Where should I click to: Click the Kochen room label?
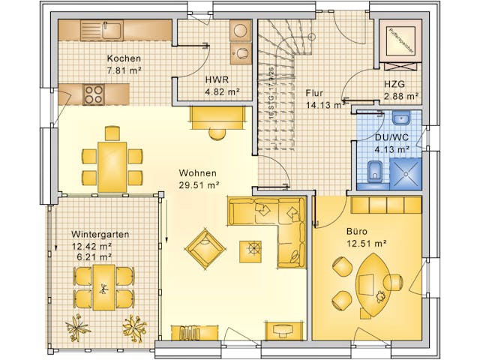(x=124, y=58)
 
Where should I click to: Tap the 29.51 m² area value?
(x=198, y=184)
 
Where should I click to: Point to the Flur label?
(x=315, y=93)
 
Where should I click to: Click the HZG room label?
(x=395, y=85)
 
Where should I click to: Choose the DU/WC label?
(x=391, y=137)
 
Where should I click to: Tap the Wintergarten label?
(x=100, y=234)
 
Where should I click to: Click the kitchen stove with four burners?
(x=94, y=94)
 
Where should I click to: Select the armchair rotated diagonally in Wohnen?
(x=205, y=248)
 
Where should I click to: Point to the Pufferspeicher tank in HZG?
(x=400, y=40)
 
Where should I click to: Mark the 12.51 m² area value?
(x=365, y=243)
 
